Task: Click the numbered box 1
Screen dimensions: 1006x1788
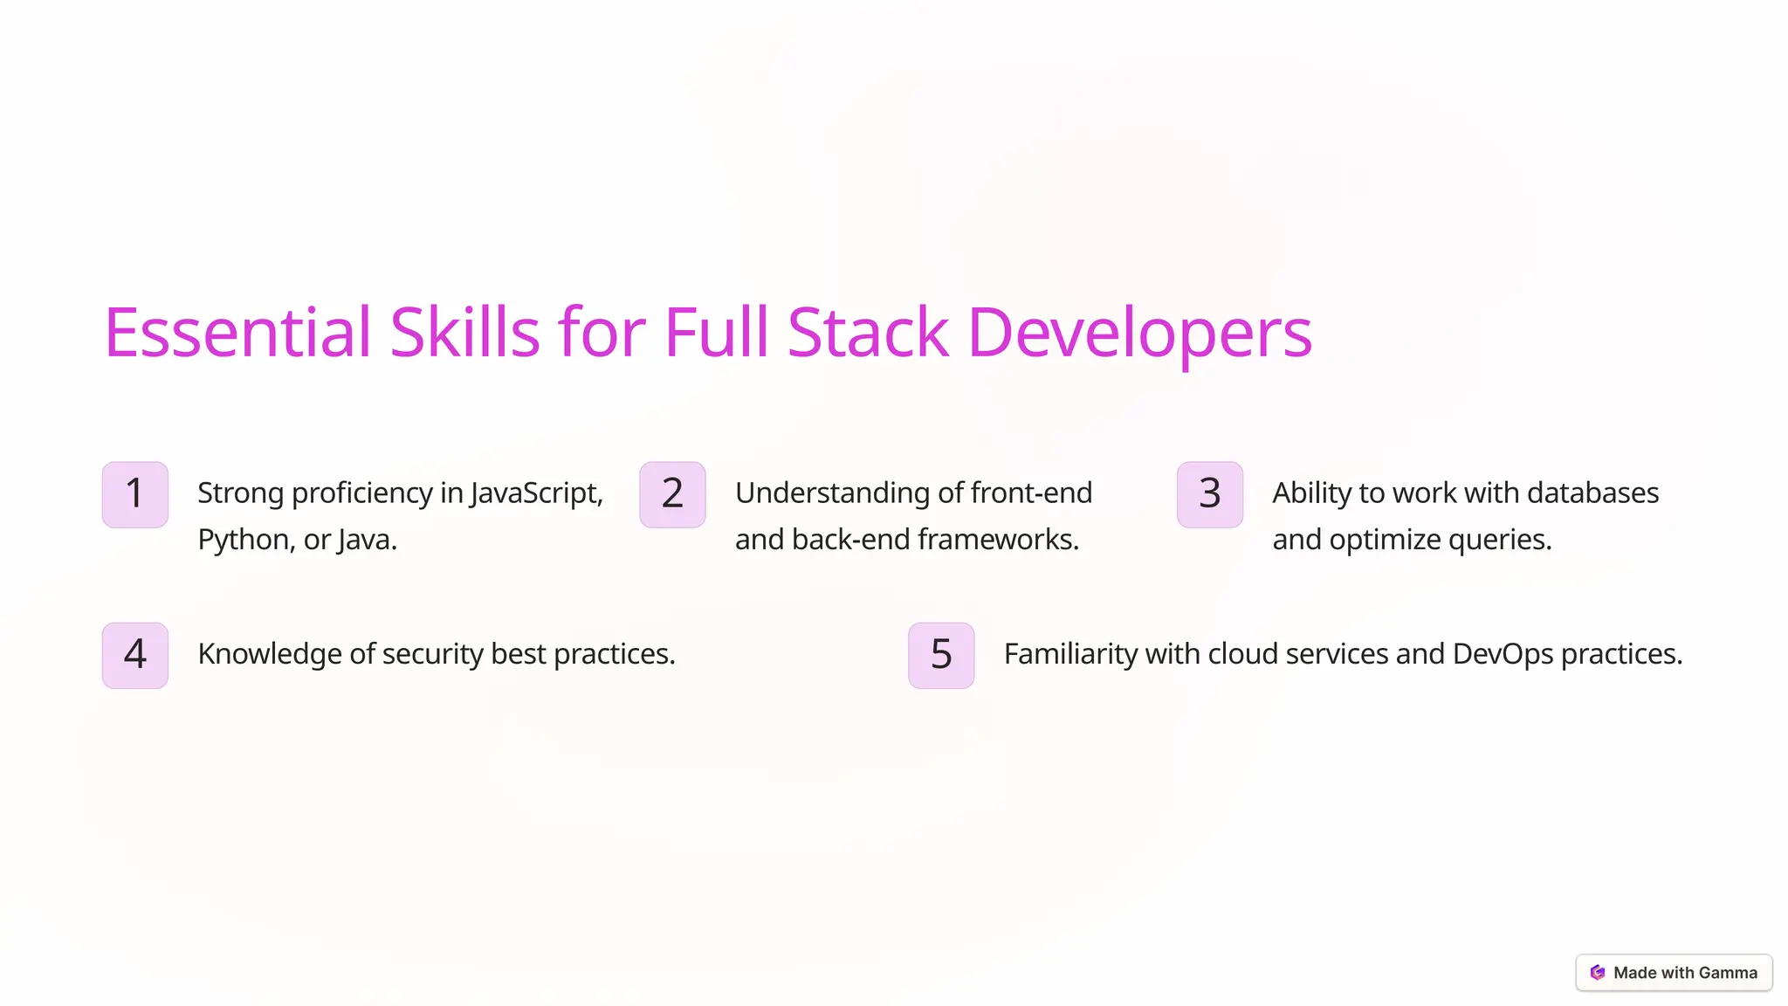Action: click(x=135, y=494)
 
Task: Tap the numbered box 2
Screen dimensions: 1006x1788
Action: click(x=672, y=494)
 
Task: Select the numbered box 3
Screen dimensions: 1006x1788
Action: click(x=1210, y=494)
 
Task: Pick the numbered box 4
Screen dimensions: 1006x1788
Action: click(x=135, y=655)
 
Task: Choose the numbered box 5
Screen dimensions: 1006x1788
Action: click(x=941, y=655)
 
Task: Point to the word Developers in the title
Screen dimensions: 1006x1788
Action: click(x=1139, y=333)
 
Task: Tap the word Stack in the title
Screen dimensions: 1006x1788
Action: click(x=867, y=333)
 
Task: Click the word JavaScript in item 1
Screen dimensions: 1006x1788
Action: click(x=536, y=493)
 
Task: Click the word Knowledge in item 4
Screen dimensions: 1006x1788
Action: click(x=270, y=654)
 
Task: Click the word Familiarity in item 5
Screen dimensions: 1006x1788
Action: click(x=1070, y=654)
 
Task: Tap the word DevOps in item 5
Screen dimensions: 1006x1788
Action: click(x=1503, y=654)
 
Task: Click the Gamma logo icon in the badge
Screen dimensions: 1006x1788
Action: click(x=1598, y=973)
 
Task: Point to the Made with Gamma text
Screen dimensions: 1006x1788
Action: click(x=1685, y=973)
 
